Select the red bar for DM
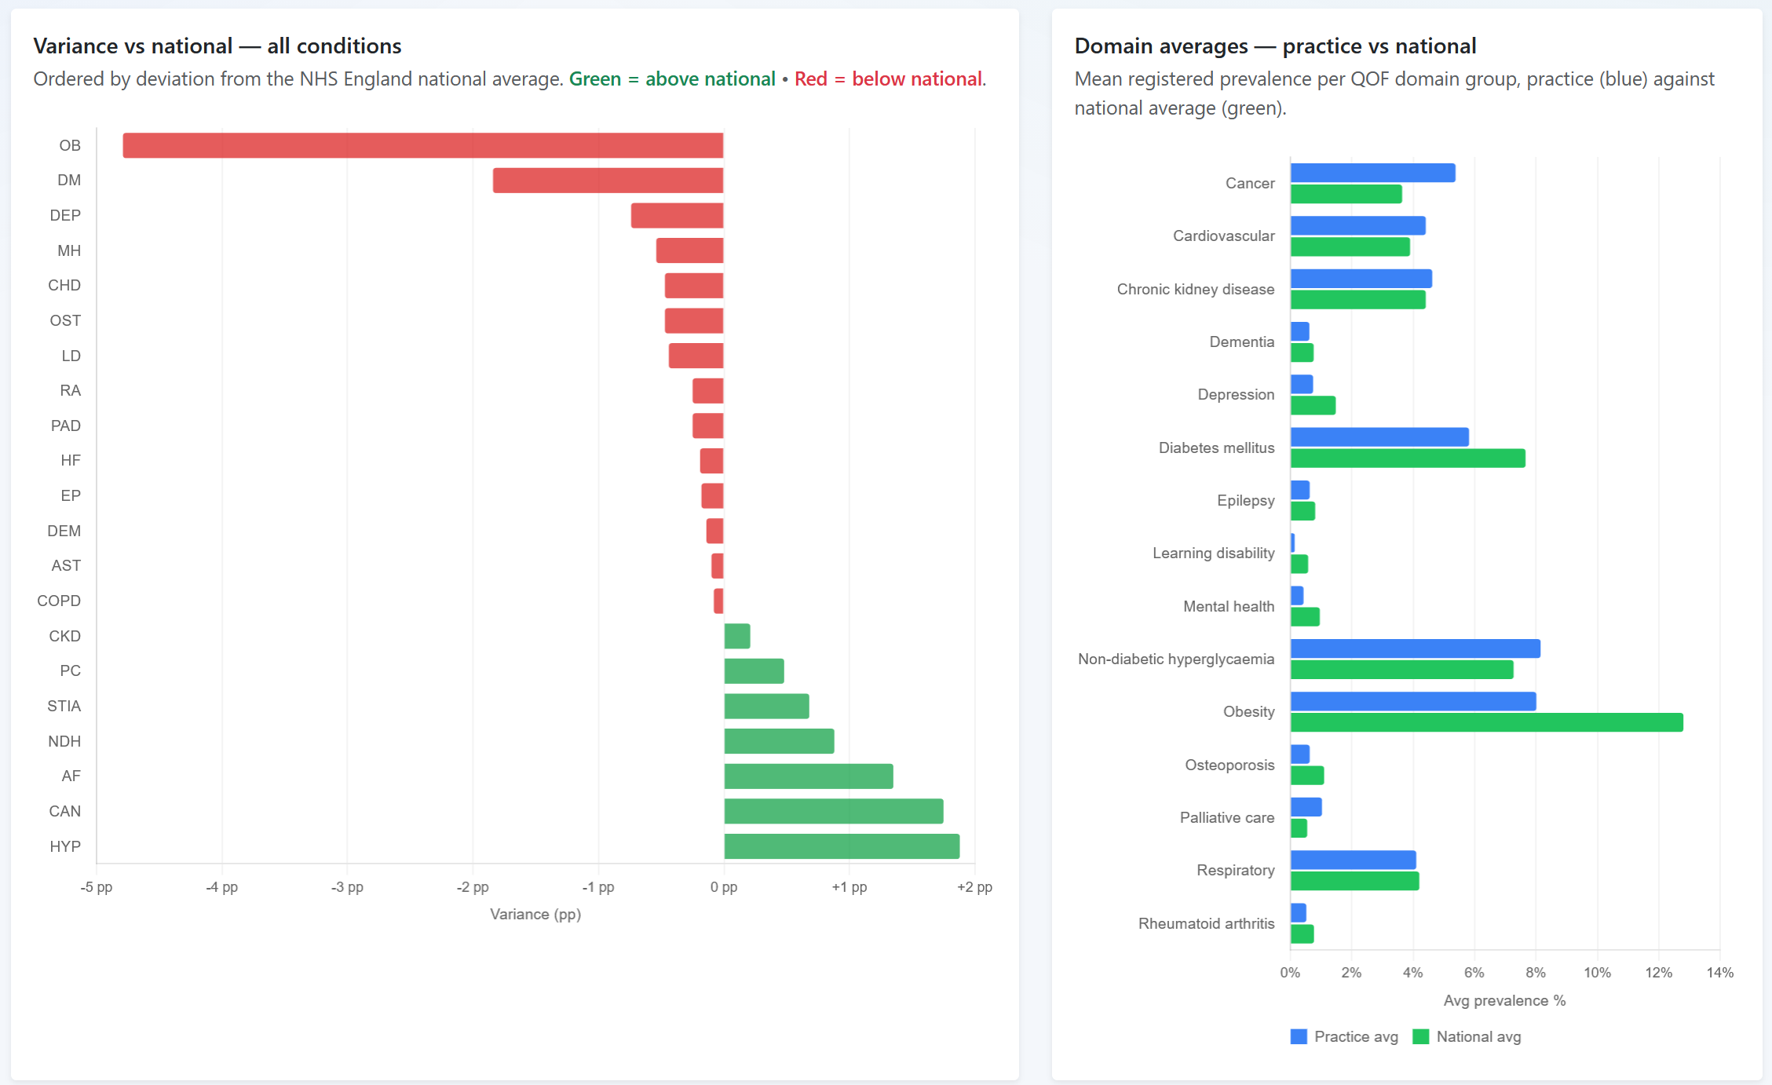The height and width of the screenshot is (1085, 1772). [x=608, y=181]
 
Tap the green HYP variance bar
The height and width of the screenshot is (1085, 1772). [x=842, y=846]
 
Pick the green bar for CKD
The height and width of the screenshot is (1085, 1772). [x=737, y=636]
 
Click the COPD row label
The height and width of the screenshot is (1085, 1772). [x=59, y=601]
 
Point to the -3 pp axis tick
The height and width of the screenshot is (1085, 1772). [x=347, y=887]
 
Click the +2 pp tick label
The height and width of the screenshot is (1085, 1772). [x=974, y=887]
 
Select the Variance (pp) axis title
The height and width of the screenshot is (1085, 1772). [x=535, y=914]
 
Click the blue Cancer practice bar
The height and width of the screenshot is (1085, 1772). [x=1372, y=173]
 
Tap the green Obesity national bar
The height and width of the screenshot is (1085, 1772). [x=1486, y=722]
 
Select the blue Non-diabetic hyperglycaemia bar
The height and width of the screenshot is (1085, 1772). [x=1415, y=648]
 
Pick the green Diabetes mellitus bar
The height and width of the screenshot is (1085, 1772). [x=1408, y=458]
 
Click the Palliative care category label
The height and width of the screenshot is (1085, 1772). [x=1226, y=817]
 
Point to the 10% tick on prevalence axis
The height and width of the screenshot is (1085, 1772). [x=1597, y=973]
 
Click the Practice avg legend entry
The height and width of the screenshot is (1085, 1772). [x=1344, y=1036]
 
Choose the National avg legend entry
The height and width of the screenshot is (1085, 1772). [x=1467, y=1036]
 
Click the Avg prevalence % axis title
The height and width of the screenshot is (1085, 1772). [x=1504, y=1000]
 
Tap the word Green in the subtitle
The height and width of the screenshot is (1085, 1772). [x=594, y=79]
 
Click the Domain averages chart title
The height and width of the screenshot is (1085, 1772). [x=1275, y=46]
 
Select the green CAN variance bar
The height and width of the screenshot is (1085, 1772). [x=833, y=811]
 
